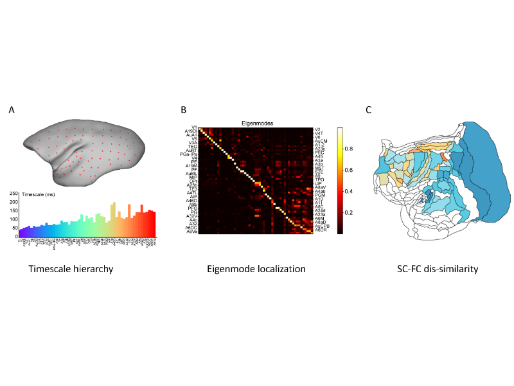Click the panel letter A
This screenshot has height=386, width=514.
12,110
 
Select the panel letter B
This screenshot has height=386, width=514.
184,110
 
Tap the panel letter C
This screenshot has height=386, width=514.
369,110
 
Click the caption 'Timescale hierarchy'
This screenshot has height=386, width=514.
71,269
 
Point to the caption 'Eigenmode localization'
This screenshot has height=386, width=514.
256,269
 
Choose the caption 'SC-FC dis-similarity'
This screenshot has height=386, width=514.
437,269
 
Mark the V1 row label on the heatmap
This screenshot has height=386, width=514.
193,127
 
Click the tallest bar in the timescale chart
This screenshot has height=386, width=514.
114,219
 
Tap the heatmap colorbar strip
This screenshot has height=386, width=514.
341,180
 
